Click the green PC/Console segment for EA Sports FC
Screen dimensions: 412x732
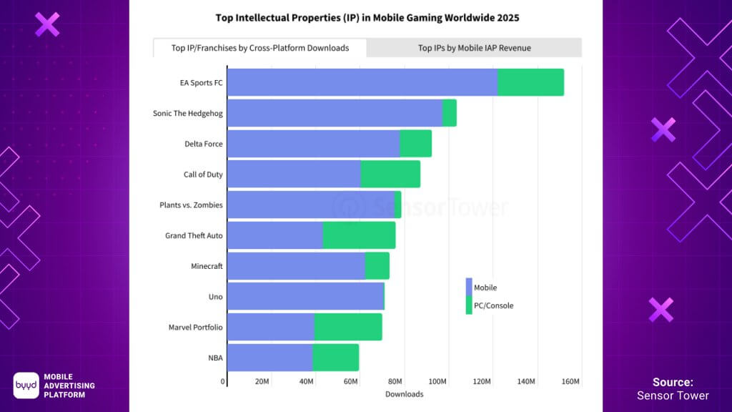[530, 82]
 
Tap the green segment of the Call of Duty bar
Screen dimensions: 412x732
[390, 174]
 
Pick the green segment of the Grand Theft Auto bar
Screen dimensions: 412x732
[359, 235]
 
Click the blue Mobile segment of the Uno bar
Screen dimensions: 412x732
[305, 296]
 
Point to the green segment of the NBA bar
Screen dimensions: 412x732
[336, 358]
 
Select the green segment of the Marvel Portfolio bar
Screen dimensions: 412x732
[348, 327]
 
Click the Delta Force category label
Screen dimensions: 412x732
[203, 144]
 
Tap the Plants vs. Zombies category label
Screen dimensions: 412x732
[191, 205]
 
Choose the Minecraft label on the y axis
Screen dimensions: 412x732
[207, 266]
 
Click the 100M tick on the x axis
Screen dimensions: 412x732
[437, 382]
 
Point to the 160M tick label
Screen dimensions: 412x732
[570, 382]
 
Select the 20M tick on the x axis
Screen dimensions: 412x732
[262, 382]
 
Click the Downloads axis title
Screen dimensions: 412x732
[404, 394]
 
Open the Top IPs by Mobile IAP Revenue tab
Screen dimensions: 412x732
[474, 48]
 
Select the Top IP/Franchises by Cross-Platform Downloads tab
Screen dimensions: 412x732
[260, 48]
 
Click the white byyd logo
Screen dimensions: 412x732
[26, 385]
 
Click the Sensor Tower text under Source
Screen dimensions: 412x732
[673, 396]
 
